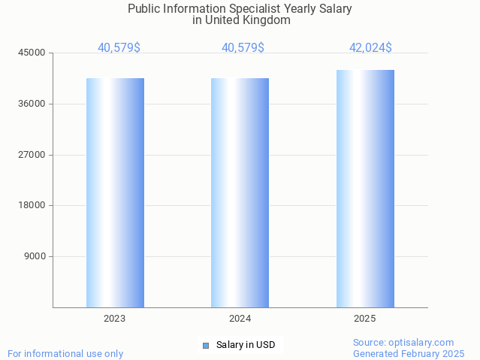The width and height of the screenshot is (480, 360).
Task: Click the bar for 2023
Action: point(115,192)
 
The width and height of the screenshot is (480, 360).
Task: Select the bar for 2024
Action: point(240,192)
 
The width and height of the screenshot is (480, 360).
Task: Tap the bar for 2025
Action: point(365,189)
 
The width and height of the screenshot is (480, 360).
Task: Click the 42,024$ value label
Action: point(370,48)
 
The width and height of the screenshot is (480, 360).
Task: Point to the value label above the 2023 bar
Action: point(119,48)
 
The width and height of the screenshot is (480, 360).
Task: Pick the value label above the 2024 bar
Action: point(243,48)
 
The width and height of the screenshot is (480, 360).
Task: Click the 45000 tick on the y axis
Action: point(32,53)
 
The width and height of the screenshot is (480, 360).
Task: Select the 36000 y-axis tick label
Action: point(32,104)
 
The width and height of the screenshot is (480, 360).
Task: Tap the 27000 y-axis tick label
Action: point(32,155)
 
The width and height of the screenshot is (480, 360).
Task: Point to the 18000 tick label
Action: point(32,206)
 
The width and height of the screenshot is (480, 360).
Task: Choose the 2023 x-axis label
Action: point(115,319)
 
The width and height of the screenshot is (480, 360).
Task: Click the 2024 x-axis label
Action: point(240,319)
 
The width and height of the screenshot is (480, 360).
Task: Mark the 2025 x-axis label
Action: point(365,319)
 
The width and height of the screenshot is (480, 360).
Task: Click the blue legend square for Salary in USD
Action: point(205,346)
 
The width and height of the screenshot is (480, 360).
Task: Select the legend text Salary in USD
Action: point(246,346)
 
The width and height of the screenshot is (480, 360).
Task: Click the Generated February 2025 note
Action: point(409,353)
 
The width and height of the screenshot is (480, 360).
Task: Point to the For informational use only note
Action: point(65,353)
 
